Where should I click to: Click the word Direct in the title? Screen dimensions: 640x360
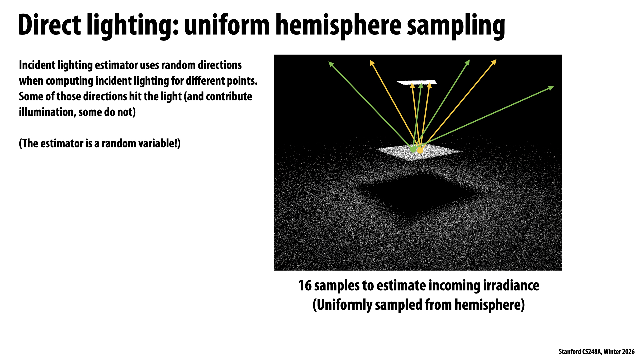(50, 25)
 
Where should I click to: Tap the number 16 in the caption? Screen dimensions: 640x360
(305, 286)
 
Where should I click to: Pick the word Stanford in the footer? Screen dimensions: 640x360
(569, 352)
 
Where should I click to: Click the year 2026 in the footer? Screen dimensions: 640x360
(628, 352)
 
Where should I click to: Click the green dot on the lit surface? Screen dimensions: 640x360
(413, 150)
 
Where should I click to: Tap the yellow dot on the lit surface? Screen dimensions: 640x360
(420, 151)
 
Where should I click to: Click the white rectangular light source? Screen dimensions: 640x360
(416, 82)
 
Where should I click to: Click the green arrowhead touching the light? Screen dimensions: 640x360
(421, 86)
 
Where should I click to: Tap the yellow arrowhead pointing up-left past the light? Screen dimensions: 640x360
(372, 63)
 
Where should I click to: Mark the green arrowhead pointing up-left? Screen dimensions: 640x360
(331, 64)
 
